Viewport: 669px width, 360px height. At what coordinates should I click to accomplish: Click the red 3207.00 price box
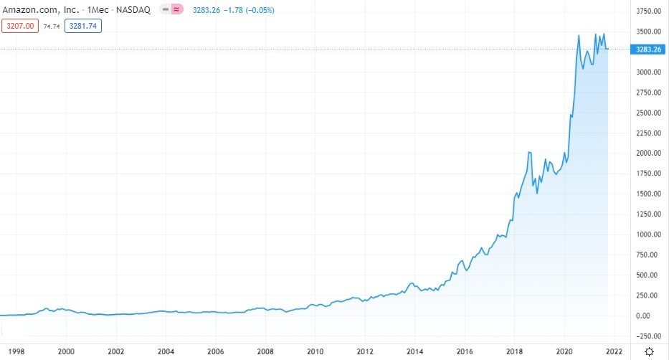pos(19,26)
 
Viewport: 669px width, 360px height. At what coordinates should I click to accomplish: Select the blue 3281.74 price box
pos(82,26)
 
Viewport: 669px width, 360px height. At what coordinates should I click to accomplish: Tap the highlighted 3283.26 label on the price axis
pos(647,49)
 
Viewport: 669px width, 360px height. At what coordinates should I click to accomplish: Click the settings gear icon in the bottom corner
pos(649,351)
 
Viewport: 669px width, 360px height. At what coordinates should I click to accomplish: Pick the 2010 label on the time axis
pos(315,351)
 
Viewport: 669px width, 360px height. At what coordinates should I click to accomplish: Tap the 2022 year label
pos(614,351)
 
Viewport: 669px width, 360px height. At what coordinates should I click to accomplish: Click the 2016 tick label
pos(465,351)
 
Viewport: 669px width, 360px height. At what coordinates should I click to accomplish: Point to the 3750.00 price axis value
pos(647,11)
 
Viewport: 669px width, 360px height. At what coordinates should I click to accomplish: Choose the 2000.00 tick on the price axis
pos(647,153)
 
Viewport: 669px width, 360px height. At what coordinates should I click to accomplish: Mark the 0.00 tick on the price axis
pos(647,316)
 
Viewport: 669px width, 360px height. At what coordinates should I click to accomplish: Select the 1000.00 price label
pos(647,235)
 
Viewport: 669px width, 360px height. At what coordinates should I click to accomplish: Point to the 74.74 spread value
pos(52,26)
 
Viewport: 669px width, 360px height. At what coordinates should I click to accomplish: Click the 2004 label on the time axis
pos(166,351)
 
